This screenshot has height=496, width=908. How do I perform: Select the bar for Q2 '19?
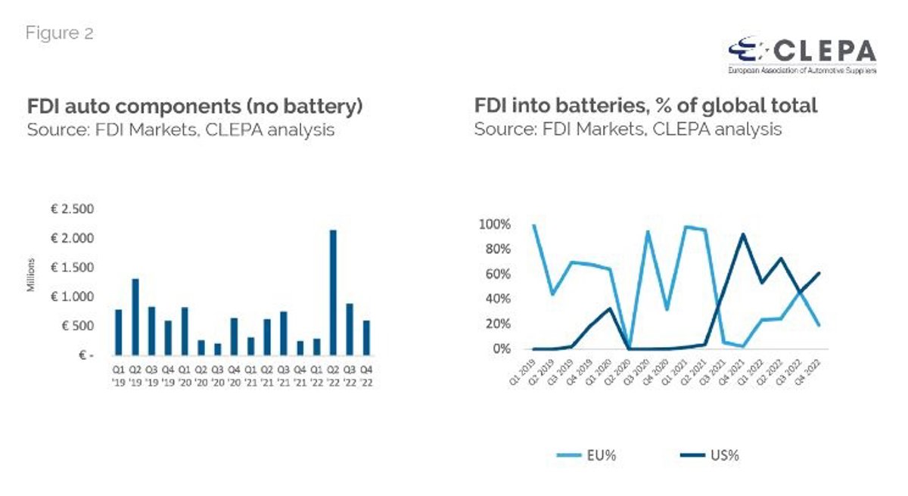coord(135,317)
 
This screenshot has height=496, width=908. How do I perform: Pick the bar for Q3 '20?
coord(218,349)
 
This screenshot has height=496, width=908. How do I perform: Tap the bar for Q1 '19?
coord(119,332)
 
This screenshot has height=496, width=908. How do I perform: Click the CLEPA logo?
coord(801,55)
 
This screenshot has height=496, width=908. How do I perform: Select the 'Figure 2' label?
coord(60,33)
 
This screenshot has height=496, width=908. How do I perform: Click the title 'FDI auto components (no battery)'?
coord(195,106)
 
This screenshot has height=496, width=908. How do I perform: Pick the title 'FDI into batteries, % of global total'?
coord(645,106)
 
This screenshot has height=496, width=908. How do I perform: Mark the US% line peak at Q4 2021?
coord(742,234)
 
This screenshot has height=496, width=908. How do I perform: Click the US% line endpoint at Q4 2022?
coord(819,273)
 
